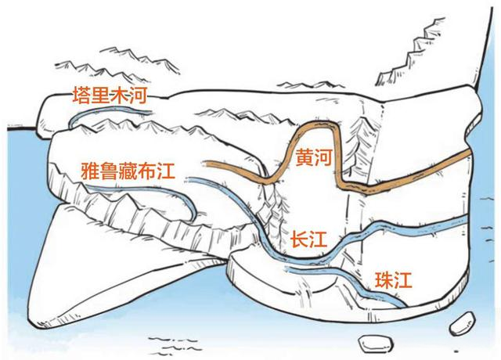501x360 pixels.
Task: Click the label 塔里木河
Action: (x=110, y=93)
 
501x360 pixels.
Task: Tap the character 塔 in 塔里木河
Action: (x=81, y=93)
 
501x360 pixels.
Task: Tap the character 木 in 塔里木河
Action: (x=120, y=93)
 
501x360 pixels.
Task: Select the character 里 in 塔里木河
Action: (x=101, y=93)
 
